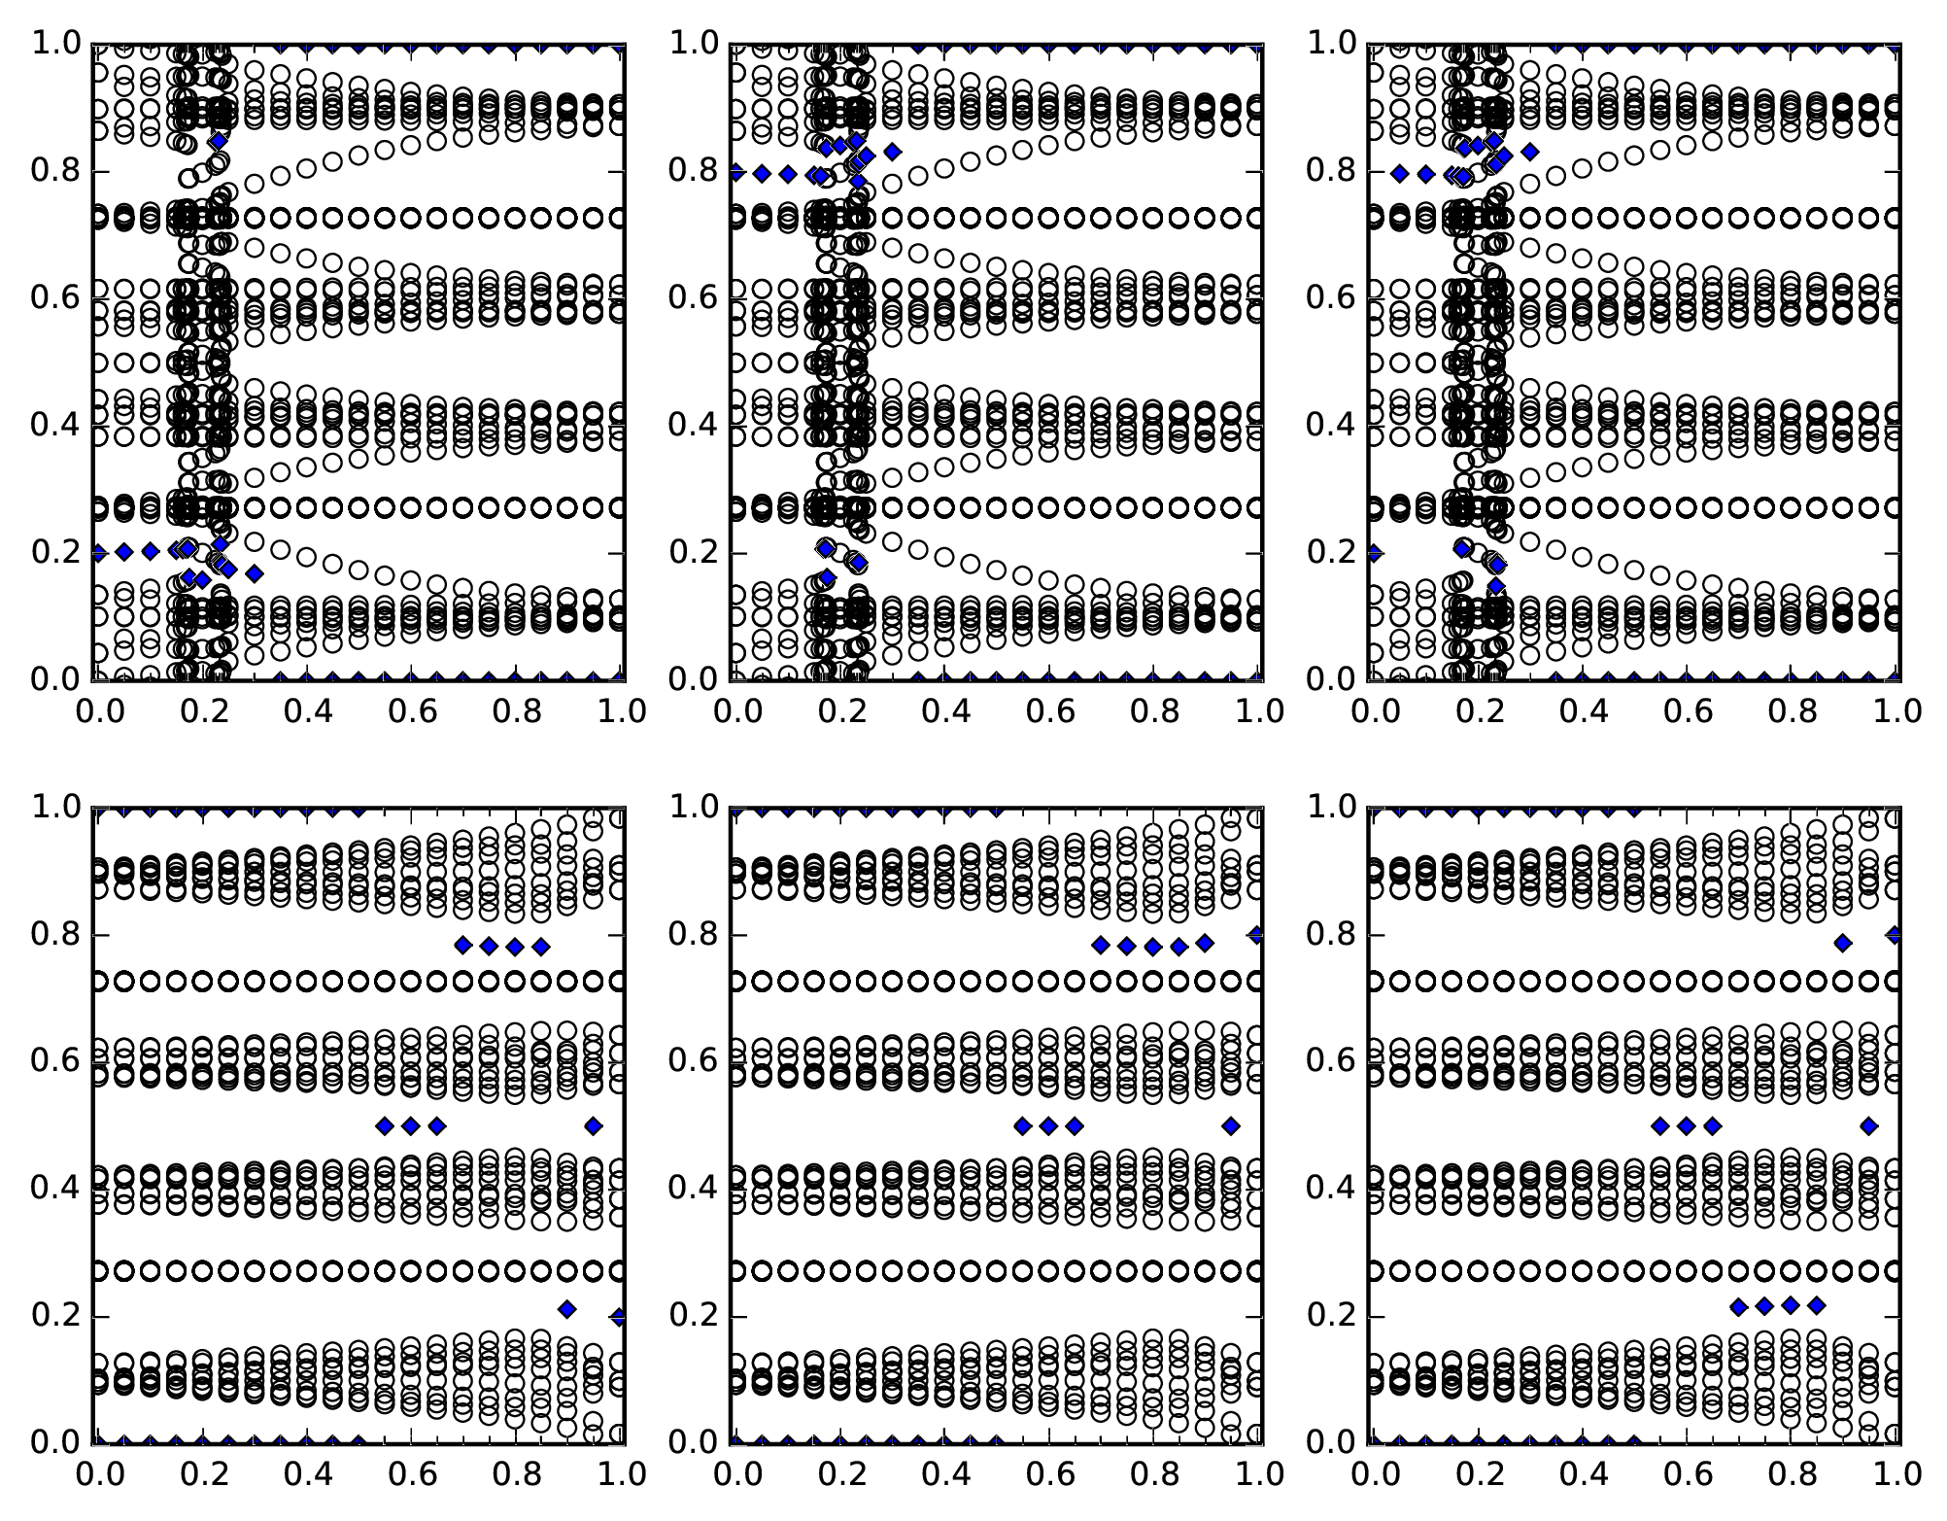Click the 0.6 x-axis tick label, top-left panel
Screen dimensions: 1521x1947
pos(412,711)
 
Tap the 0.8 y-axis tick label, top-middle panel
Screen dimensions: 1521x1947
pos(693,172)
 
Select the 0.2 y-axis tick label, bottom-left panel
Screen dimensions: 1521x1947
pos(55,1317)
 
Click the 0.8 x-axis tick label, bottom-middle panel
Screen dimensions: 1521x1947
pos(1152,1474)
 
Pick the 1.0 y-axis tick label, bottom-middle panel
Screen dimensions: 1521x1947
pos(693,808)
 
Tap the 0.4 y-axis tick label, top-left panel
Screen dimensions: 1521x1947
pos(55,427)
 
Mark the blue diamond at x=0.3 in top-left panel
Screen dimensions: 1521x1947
pos(255,573)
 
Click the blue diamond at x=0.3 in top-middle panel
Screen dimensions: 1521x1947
pos(892,151)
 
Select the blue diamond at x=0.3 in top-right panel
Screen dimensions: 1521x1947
pos(1530,151)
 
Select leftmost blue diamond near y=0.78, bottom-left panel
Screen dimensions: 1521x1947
pos(463,945)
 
